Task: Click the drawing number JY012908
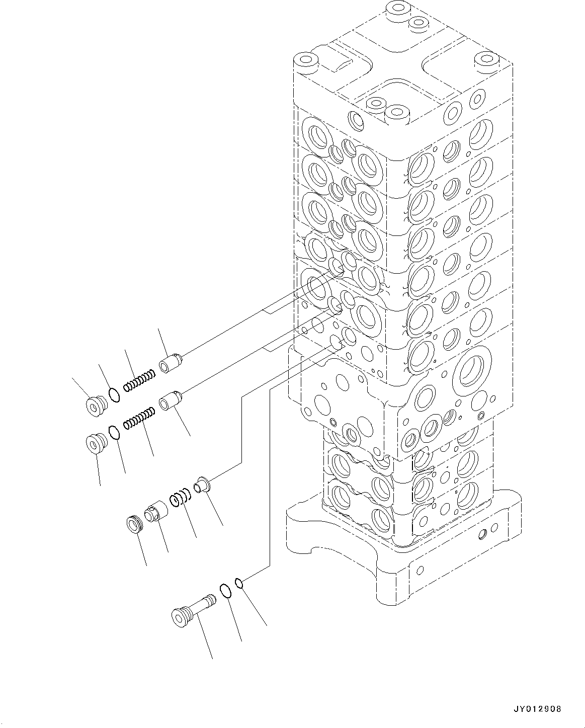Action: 537,709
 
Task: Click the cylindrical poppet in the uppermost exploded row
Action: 171,363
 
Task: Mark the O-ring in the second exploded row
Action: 114,433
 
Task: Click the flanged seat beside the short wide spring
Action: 204,484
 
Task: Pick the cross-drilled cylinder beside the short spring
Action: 155,511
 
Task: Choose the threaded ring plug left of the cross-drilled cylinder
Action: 134,525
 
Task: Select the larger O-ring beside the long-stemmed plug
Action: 225,591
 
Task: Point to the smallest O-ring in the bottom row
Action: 240,583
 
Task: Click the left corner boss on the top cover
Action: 305,62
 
